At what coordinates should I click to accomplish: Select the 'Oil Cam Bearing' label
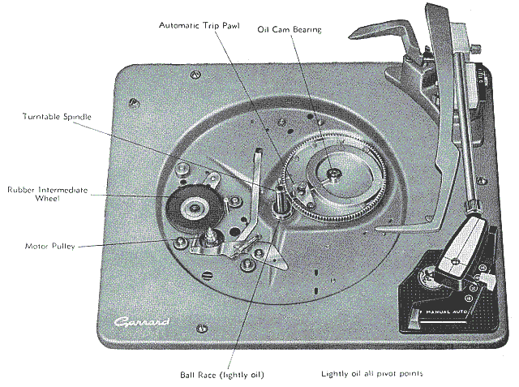pyautogui.click(x=290, y=31)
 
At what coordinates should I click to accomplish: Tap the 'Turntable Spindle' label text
pyautogui.click(x=57, y=117)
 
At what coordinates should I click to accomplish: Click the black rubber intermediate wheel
pyautogui.click(x=192, y=209)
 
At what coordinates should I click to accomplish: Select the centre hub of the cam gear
pyautogui.click(x=333, y=172)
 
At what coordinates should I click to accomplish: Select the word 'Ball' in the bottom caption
pyautogui.click(x=187, y=375)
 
